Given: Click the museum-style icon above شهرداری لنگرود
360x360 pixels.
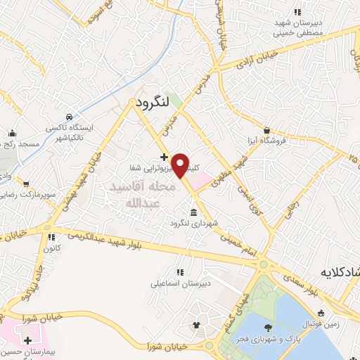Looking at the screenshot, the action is coord(193,212).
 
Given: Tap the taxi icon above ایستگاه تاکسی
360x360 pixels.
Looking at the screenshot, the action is coord(68,117).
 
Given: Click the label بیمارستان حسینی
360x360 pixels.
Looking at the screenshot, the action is coord(28,349).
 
